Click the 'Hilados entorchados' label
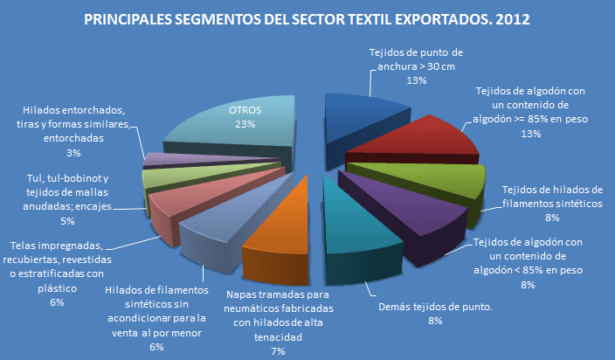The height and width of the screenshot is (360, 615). pos(74,124)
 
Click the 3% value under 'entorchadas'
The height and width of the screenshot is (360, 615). pos(74,153)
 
